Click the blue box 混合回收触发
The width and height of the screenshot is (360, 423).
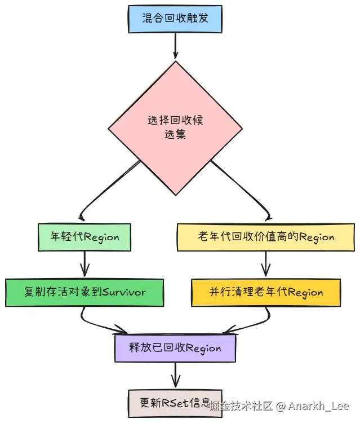pos(175,19)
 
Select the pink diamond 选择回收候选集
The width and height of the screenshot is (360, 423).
pos(175,127)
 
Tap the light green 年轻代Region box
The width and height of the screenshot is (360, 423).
pos(85,237)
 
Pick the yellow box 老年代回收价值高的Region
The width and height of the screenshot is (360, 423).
pos(265,237)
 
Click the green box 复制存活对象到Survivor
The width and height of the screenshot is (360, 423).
pos(85,292)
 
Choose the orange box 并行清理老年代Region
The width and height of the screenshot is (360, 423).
pos(265,292)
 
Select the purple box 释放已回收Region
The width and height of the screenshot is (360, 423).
pos(175,347)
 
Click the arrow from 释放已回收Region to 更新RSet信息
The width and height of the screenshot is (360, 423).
pos(175,375)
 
